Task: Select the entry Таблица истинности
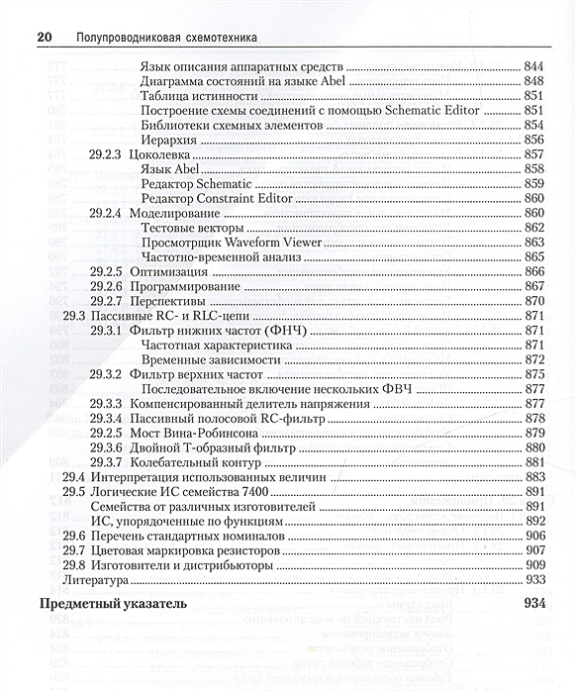point(199,96)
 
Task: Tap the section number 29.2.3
point(105,154)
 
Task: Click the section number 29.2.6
point(105,285)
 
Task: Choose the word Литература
point(96,579)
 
